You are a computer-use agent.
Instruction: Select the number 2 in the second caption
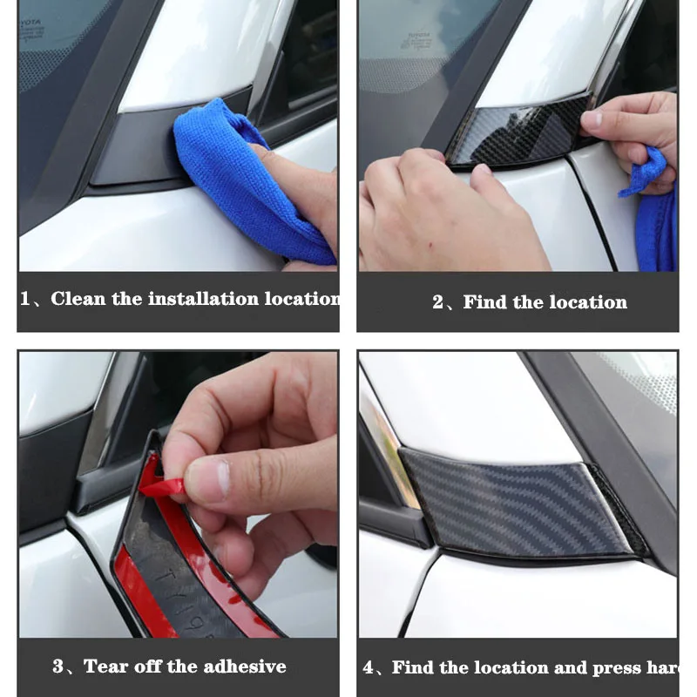pyautogui.click(x=438, y=303)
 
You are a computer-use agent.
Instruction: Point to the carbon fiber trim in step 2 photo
pyautogui.click(x=514, y=135)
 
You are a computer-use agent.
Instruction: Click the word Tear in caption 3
pyautogui.click(x=104, y=667)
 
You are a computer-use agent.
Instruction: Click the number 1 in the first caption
pyautogui.click(x=25, y=299)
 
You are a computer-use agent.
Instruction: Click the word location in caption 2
pyautogui.click(x=588, y=302)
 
